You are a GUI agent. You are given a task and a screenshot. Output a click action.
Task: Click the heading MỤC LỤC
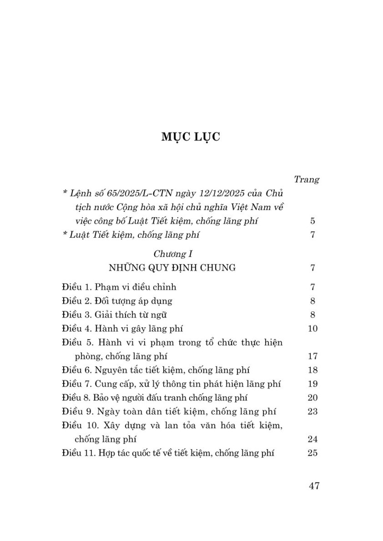click(x=191, y=137)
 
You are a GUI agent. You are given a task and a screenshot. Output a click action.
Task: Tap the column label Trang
click(x=306, y=179)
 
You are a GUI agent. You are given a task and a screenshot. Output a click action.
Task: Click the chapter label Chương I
click(x=173, y=254)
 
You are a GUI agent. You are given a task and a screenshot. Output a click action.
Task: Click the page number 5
click(x=313, y=221)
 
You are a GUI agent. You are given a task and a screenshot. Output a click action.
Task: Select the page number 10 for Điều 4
click(x=313, y=329)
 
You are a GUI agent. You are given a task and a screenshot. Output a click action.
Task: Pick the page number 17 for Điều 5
click(x=313, y=356)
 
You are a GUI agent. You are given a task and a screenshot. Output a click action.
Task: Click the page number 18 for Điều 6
click(x=313, y=370)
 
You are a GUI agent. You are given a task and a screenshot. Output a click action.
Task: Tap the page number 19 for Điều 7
click(x=313, y=384)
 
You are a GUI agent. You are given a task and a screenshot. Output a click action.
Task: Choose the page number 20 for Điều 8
click(x=313, y=397)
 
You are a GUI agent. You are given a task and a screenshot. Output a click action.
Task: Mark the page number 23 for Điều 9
click(x=313, y=411)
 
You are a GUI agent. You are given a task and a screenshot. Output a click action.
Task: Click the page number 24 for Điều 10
click(x=313, y=439)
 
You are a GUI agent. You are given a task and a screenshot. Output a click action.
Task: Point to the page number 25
click(x=313, y=453)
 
